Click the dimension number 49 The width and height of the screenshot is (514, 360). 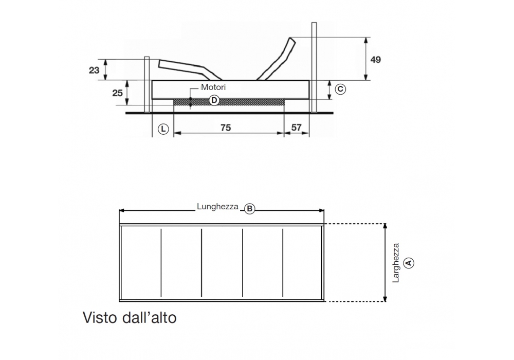click(x=375, y=60)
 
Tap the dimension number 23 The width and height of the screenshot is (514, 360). click(x=94, y=70)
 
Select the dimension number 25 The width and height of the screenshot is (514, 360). click(x=117, y=93)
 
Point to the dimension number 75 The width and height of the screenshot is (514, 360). click(x=225, y=128)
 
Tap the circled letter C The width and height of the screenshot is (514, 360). click(x=340, y=89)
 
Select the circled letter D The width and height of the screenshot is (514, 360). click(x=214, y=100)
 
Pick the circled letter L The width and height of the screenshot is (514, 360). click(x=163, y=129)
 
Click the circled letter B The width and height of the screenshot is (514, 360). click(x=250, y=209)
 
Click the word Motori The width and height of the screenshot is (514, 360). click(x=213, y=87)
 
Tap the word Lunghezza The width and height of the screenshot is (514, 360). click(x=217, y=207)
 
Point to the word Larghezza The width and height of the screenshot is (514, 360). click(x=396, y=263)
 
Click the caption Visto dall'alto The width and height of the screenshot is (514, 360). click(x=130, y=318)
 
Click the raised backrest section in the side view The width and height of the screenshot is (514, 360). click(x=278, y=59)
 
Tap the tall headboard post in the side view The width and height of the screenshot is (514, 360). click(x=314, y=67)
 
